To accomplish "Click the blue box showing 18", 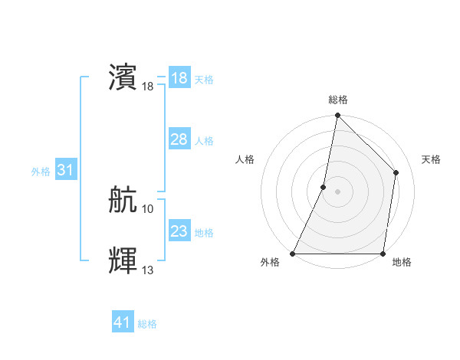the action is point(179,78).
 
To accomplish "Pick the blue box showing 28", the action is point(179,139).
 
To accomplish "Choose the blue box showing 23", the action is point(179,231).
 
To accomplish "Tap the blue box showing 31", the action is point(65,170).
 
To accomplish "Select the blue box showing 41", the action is point(123,322).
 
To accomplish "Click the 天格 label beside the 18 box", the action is point(204,80).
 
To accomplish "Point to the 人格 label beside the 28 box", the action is point(204,141).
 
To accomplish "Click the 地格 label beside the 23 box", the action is point(204,233).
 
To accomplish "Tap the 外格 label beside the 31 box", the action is point(41,172).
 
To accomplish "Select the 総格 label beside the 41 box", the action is point(147,324).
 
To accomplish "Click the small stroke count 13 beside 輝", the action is point(148,270).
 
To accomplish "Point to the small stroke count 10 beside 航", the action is point(148,208).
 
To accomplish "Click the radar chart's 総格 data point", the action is point(337,116).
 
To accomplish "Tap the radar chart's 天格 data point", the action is point(396,172).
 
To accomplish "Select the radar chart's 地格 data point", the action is point(383,254).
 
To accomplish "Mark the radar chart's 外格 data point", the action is point(293,254).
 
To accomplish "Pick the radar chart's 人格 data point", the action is point(324,187).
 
